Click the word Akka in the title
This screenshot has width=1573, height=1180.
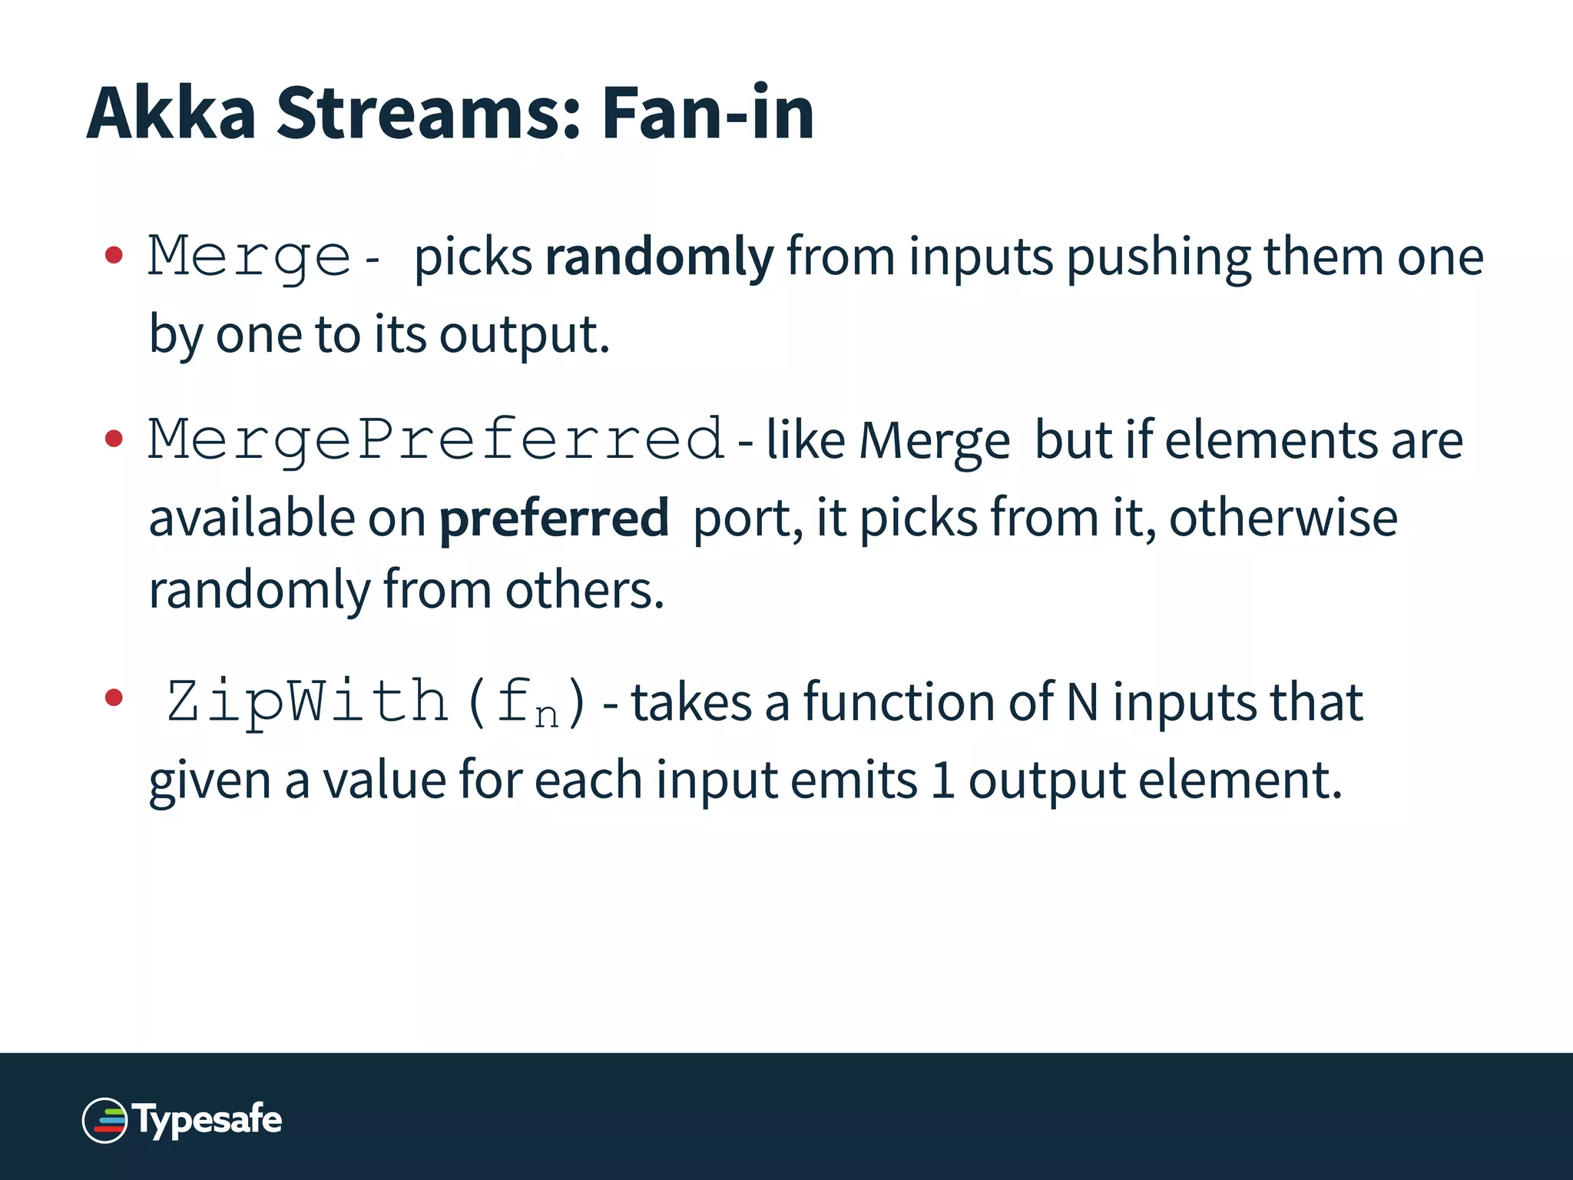(x=171, y=113)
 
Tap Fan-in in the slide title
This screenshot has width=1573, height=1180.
(x=707, y=113)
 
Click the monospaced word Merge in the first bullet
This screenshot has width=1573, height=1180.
(x=250, y=257)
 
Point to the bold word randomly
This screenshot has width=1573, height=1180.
(x=659, y=257)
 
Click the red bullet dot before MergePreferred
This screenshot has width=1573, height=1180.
(x=114, y=439)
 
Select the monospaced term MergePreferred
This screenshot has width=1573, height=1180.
(x=436, y=440)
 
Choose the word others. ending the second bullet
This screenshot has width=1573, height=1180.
(x=584, y=591)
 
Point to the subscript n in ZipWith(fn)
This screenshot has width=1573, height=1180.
(x=546, y=716)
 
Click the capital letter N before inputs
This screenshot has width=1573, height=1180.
(x=1082, y=702)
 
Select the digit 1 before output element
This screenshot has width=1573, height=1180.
(x=942, y=781)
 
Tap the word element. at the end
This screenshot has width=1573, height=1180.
(x=1240, y=781)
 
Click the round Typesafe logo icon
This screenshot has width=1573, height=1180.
(x=104, y=1120)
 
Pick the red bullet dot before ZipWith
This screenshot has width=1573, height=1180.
(x=114, y=698)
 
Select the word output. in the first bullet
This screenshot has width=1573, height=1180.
(x=525, y=336)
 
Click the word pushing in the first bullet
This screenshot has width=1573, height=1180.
(x=1158, y=257)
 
